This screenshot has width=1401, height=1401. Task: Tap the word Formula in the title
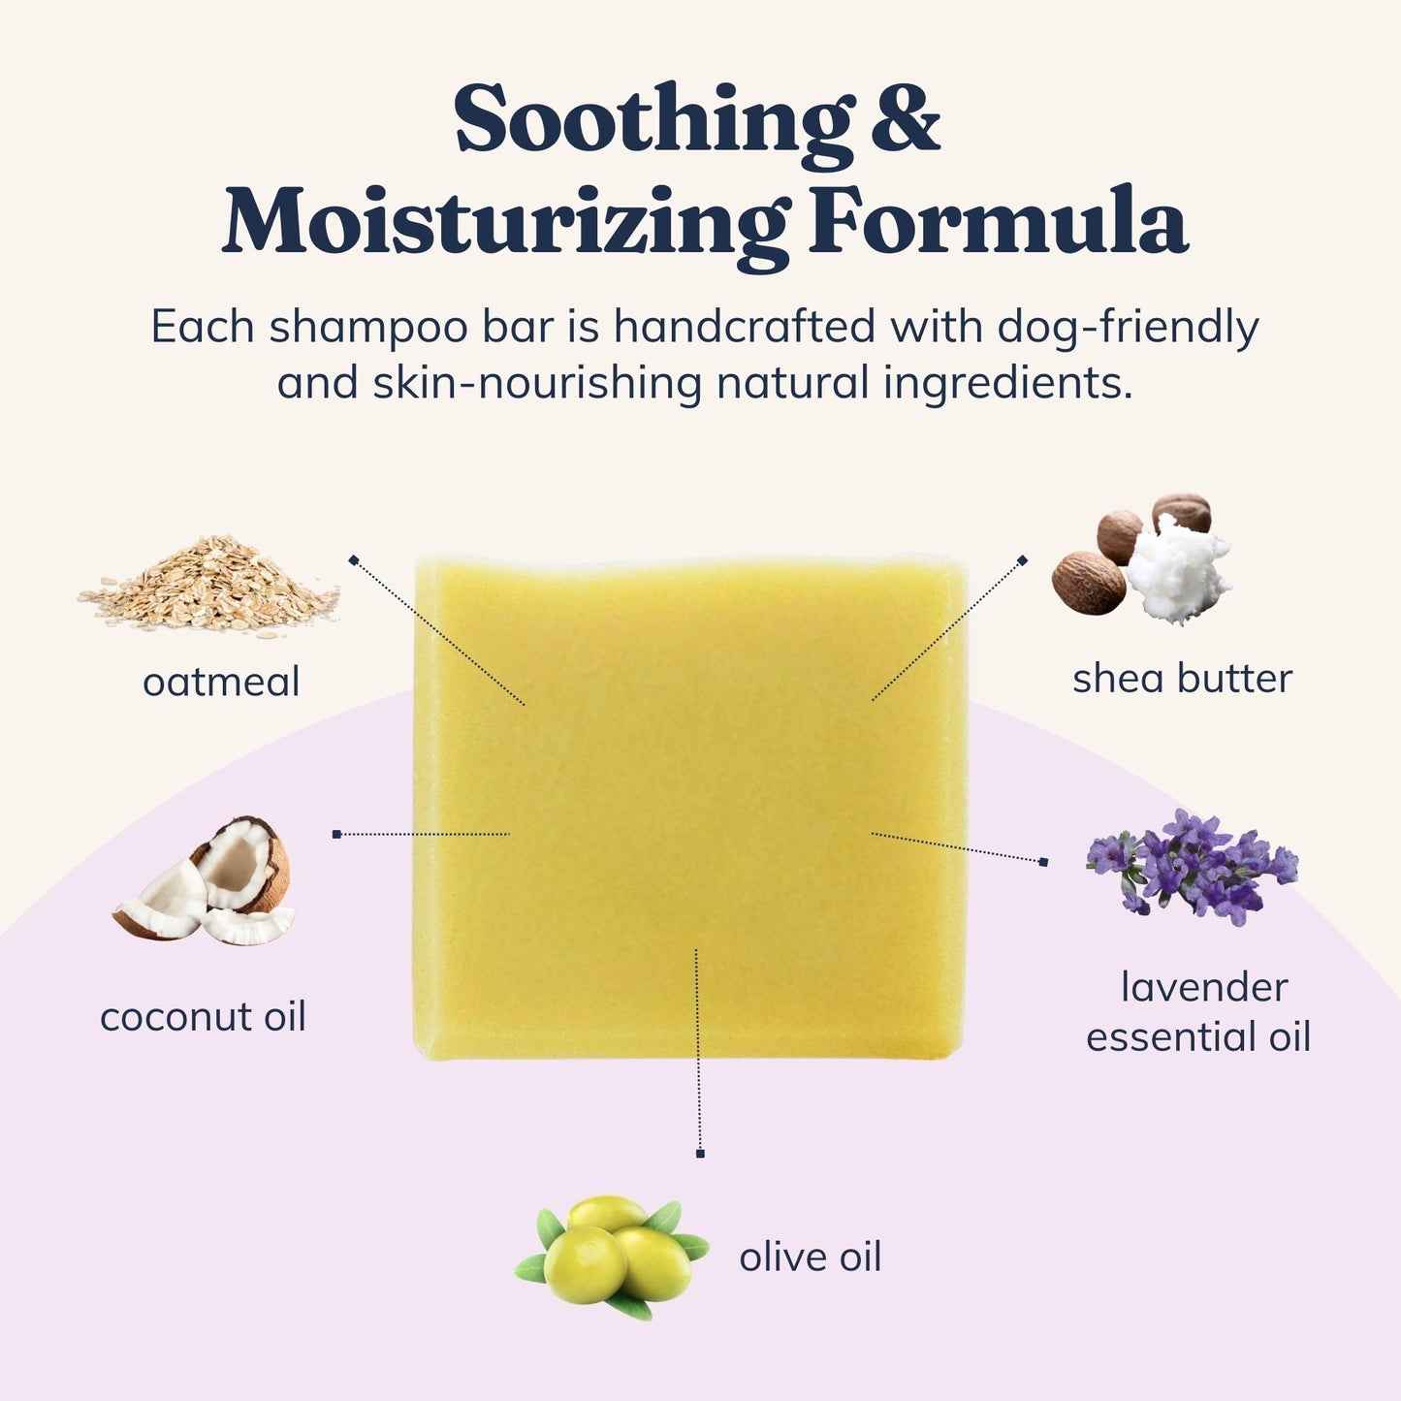point(999,219)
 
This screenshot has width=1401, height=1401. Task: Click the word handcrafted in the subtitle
point(745,327)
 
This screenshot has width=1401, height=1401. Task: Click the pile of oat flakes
point(208,587)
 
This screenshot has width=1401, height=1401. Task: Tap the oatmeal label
point(221,683)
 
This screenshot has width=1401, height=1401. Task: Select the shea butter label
point(1182,679)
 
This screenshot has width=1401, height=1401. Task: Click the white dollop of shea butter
point(1176,569)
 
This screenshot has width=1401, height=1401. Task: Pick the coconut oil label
point(203,1016)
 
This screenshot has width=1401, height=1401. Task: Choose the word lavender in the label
point(1205,987)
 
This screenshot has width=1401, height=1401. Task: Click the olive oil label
point(811,1257)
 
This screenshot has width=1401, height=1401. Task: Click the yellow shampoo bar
point(690,807)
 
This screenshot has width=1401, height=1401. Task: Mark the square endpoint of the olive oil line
point(700,1154)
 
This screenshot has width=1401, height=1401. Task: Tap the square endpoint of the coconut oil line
point(336,834)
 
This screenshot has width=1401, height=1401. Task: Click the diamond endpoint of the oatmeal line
point(354,559)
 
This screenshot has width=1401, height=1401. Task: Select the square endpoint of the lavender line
point(1044,862)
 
